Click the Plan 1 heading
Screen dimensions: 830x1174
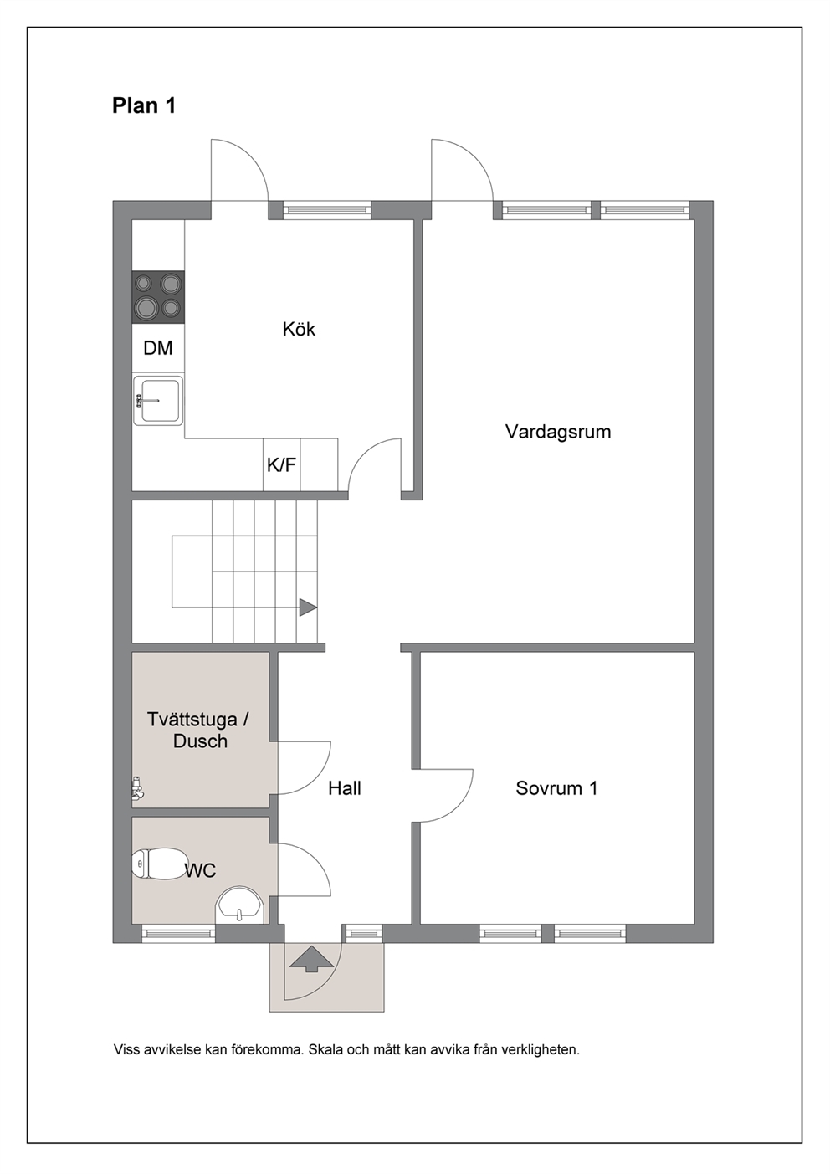(144, 106)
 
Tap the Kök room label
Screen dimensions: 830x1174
(299, 329)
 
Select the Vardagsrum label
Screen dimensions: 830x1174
(558, 432)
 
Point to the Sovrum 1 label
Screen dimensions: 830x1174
(556, 788)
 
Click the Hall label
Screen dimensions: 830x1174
(345, 788)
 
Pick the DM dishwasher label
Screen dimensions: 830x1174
(158, 348)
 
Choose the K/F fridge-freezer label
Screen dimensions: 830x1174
(281, 465)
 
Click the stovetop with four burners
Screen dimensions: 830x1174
(158, 297)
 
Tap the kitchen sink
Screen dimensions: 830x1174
(158, 401)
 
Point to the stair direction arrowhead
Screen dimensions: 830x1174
(308, 608)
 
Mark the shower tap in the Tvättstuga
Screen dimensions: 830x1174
(137, 788)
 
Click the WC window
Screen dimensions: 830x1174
(179, 933)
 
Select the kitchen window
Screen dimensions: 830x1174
(326, 210)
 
